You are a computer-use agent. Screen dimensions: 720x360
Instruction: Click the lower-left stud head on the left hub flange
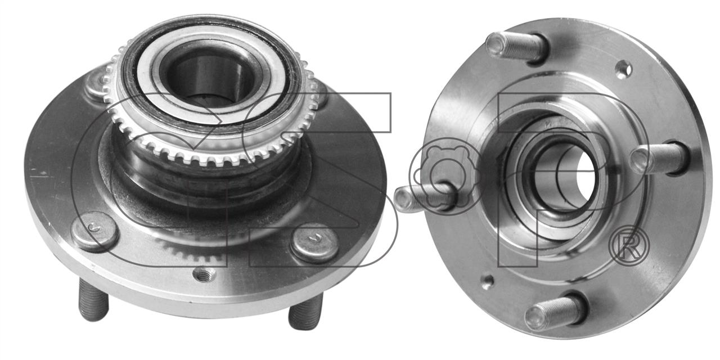[x=94, y=231]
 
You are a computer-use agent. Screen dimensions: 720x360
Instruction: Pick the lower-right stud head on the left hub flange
[x=314, y=242]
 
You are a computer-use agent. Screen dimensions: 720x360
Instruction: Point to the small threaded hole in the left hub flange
[x=204, y=274]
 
